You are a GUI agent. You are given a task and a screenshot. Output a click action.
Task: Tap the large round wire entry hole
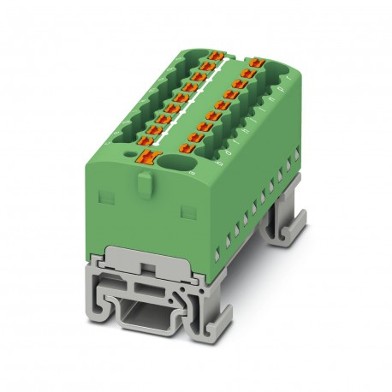click(182, 162)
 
